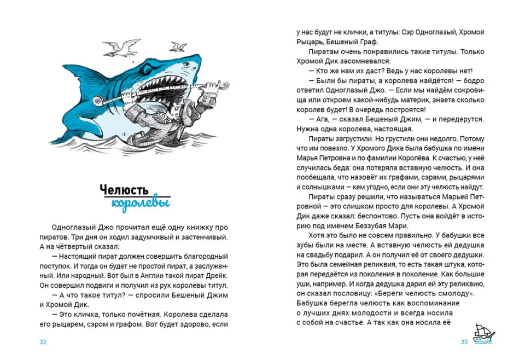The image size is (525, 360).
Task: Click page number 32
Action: [43, 342]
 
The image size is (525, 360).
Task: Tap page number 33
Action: [464, 342]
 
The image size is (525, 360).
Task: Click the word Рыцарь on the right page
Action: [307, 42]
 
